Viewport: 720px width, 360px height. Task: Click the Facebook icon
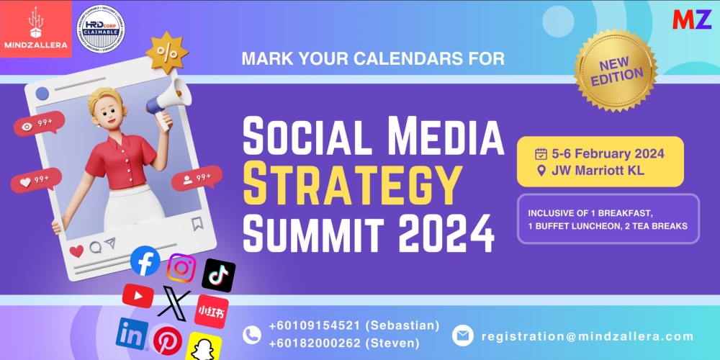coord(145,261)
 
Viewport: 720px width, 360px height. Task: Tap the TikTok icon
coord(218,274)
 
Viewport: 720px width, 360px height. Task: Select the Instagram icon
coord(181,269)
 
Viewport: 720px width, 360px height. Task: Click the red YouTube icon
coord(138,295)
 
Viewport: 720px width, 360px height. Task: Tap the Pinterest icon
coord(168,340)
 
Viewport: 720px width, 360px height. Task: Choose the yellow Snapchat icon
coord(204,346)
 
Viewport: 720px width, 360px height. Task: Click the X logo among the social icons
coord(174,302)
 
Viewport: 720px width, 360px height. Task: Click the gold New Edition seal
coord(616,70)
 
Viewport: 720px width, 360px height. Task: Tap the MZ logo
coord(691,19)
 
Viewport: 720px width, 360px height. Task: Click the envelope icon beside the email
coord(462,335)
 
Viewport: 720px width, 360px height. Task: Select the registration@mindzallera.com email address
coord(588,336)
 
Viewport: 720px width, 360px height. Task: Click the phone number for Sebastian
coord(354,326)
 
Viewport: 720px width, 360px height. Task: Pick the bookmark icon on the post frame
coord(197,223)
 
